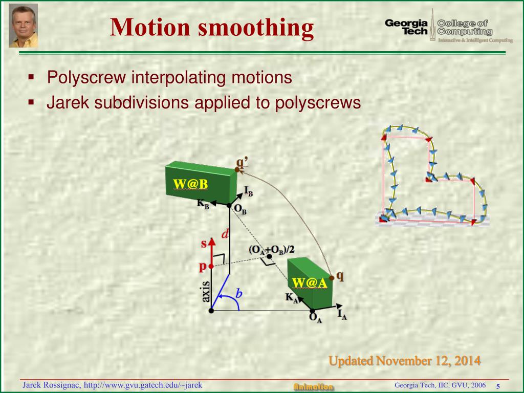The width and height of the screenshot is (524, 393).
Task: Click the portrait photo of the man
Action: (24, 25)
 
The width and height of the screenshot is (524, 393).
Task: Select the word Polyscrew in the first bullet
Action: (86, 78)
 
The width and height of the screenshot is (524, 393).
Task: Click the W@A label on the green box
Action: (309, 283)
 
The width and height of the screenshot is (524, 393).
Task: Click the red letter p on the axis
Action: (202, 267)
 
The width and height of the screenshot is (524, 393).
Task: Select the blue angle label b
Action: (238, 294)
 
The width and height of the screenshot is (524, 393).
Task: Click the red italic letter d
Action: (225, 234)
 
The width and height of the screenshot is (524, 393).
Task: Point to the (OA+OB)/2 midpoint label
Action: (272, 250)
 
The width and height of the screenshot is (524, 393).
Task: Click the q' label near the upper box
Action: (242, 163)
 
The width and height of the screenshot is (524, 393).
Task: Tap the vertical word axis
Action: (206, 292)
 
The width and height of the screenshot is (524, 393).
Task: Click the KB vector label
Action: (203, 203)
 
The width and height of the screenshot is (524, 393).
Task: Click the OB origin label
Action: (240, 209)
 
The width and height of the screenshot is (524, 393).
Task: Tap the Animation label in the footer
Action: (313, 387)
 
